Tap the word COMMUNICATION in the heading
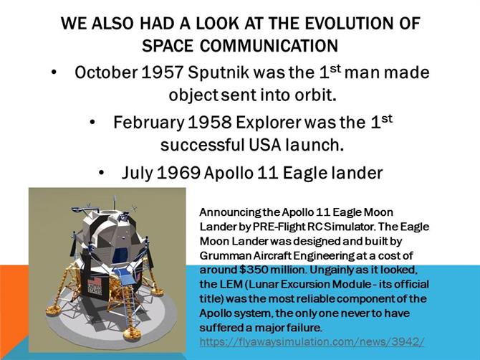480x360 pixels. click(269, 46)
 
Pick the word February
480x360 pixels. click(148, 123)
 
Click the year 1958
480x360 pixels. click(209, 123)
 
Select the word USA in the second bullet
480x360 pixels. click(265, 145)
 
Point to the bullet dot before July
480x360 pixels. click(102, 174)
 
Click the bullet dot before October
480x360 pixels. click(54, 73)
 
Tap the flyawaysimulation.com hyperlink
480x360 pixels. click(312, 341)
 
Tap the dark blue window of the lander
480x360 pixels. click(120, 255)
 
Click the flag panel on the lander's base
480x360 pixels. click(95, 286)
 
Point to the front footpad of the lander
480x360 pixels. click(132, 334)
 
